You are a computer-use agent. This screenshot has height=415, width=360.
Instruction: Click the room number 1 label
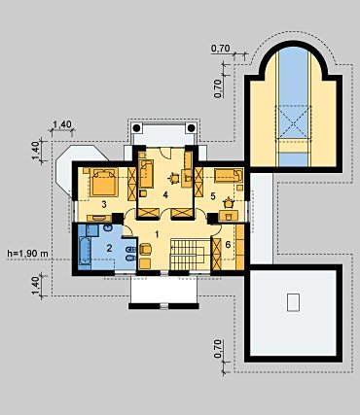tap(158, 234)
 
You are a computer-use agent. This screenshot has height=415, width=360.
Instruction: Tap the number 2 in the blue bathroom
tap(109, 249)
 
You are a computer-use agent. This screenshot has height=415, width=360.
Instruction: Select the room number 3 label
tap(104, 204)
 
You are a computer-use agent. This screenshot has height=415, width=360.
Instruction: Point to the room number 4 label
tap(165, 194)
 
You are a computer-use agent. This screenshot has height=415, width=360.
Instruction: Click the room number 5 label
tap(213, 196)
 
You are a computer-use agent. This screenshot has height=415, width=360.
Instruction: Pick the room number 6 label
tap(228, 244)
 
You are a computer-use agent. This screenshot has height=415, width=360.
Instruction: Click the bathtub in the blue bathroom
tap(85, 254)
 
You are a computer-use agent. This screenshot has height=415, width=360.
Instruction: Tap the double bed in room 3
tap(103, 182)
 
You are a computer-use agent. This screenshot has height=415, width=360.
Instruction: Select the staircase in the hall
tap(187, 254)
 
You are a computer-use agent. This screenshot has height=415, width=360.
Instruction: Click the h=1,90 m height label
tap(27, 254)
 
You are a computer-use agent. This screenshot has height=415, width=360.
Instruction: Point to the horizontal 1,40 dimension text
tap(62, 124)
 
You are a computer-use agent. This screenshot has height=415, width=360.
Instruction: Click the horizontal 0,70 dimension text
tap(221, 49)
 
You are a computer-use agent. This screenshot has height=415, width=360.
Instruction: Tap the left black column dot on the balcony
tap(137, 128)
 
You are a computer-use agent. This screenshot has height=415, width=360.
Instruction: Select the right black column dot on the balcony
tap(192, 128)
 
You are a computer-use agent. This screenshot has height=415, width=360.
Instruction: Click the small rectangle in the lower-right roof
tap(293, 302)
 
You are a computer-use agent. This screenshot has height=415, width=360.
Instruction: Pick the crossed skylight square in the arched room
tap(293, 122)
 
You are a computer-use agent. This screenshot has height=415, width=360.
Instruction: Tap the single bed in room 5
tap(229, 176)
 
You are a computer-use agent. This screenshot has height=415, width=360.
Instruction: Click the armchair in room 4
tap(174, 178)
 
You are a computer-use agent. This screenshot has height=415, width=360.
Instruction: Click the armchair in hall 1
tap(146, 250)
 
